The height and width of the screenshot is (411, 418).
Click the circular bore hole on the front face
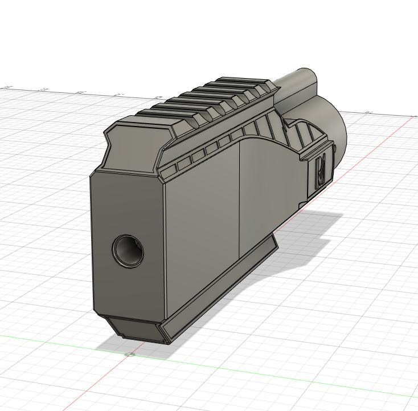(128, 250)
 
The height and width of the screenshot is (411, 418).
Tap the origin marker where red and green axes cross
(130, 355)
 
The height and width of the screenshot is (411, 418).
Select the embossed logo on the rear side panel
(321, 169)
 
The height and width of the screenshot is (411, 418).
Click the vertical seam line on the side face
(239, 200)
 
